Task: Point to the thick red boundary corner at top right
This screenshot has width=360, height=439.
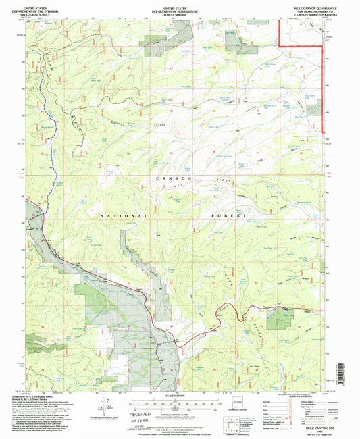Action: tap(281, 45)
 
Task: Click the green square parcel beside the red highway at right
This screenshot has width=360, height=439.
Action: tap(276, 319)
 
